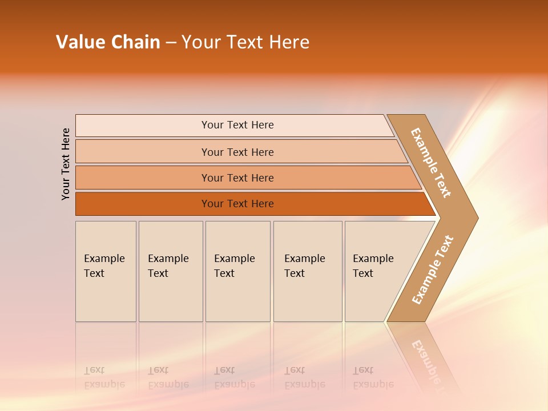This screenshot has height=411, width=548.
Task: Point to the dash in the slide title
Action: click(171, 43)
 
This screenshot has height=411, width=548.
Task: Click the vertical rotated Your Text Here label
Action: click(66, 164)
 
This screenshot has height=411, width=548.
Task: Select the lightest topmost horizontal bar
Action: click(237, 125)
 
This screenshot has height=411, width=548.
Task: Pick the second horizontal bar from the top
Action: click(237, 152)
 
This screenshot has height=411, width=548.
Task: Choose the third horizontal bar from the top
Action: click(237, 178)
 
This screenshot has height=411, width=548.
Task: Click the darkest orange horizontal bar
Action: click(237, 204)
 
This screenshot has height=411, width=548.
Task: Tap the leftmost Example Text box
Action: click(105, 271)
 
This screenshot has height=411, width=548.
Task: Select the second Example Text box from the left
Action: click(170, 271)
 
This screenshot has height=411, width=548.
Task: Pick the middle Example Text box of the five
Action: click(237, 271)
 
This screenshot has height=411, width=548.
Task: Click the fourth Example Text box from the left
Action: click(307, 271)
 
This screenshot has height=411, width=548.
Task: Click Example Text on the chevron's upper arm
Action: click(432, 163)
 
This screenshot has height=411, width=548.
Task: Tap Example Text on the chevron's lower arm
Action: click(433, 270)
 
